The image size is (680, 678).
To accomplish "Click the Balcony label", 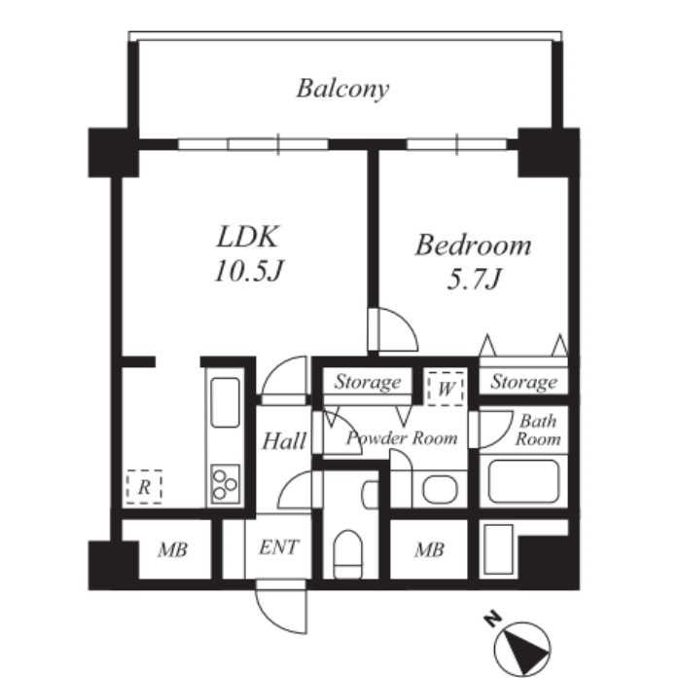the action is coord(342,89).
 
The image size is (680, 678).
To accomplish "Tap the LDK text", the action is coord(247,237).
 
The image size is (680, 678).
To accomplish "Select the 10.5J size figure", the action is coord(249,271).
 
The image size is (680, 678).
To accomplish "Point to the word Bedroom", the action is coord(473,245).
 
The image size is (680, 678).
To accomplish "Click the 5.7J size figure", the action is coord(474,279).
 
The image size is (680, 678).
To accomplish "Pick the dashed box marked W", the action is coord(446,389).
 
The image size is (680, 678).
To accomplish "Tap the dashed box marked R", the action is coord(144,487).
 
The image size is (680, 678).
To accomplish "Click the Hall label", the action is coord(284,441).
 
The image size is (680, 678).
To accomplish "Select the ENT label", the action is coord(279,547).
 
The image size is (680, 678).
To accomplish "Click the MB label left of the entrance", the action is coord(172,550).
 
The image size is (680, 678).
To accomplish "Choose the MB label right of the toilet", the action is coord(429,550).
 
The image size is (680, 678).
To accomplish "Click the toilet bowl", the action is coord(348,553).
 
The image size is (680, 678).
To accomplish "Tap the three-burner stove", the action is coord(225,484).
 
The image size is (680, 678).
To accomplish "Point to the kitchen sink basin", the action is coord(225,402).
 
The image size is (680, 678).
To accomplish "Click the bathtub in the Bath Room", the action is coord(523,481).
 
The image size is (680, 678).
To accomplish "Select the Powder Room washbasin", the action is coord(440,489).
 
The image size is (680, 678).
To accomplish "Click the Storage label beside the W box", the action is coord(368,382).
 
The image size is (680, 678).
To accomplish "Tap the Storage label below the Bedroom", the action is coord(524,382).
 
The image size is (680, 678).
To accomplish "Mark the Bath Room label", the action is coord(538,430).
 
